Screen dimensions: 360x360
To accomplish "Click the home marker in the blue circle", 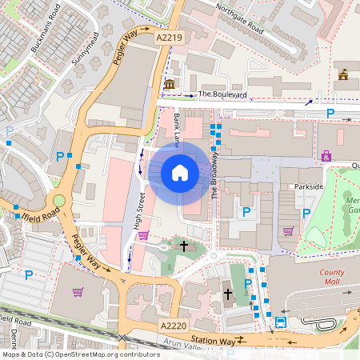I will [x=180, y=172].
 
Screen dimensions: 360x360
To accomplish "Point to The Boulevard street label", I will [x=222, y=94].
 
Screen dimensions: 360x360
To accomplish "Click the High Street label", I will [x=138, y=217].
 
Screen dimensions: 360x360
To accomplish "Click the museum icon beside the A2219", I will [x=169, y=85].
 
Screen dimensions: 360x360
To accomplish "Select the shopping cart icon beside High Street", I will [x=143, y=234].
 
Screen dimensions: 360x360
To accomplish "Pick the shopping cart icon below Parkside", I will [x=288, y=232].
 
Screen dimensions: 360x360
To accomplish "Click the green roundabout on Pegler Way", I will [x=58, y=201].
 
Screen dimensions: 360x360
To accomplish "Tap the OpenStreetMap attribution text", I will [x=80, y=354].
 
